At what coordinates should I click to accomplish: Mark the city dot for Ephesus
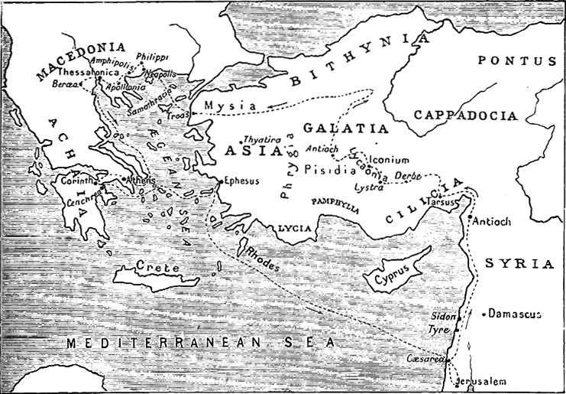pyautogui.click(x=220, y=182)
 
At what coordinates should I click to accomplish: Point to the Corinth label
pyautogui.click(x=76, y=180)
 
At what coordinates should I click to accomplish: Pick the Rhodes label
pyautogui.click(x=261, y=260)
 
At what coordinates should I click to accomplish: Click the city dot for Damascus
pyautogui.click(x=484, y=314)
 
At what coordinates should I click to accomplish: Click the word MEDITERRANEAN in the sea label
pyautogui.click(x=149, y=343)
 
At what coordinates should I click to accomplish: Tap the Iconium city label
pyautogui.click(x=390, y=160)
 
